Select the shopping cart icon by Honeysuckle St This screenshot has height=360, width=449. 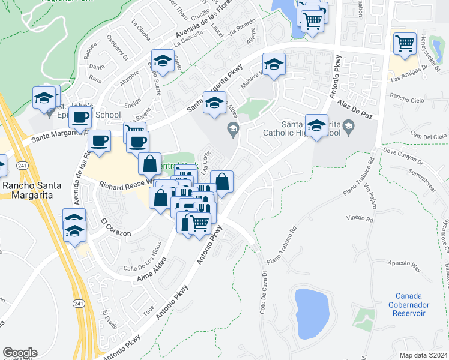coord(405,44)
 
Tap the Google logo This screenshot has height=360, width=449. coord(20,352)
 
